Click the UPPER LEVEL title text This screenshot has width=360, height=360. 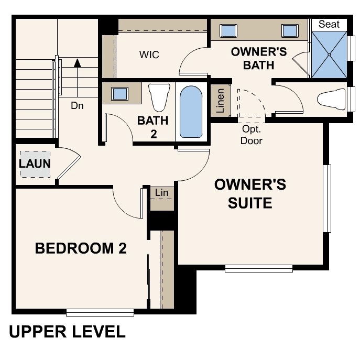pyautogui.click(x=67, y=332)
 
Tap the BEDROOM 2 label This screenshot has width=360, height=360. pyautogui.click(x=81, y=248)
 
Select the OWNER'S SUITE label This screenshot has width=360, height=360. pyautogui.click(x=250, y=193)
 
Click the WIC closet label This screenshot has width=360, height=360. pyautogui.click(x=149, y=54)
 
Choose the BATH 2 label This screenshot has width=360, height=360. pyautogui.click(x=153, y=127)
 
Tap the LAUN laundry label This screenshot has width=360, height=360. pyautogui.click(x=35, y=163)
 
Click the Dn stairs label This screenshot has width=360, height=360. pyautogui.click(x=78, y=105)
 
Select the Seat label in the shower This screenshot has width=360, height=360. pyautogui.click(x=329, y=24)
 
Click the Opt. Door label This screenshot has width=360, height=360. pyautogui.click(x=252, y=134)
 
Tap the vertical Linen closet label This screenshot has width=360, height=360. pyautogui.click(x=221, y=101)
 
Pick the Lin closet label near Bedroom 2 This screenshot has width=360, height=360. pyautogui.click(x=162, y=193)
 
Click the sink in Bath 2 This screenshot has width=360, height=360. pyautogui.click(x=121, y=94)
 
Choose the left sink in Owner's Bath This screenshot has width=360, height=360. pyautogui.click(x=228, y=30)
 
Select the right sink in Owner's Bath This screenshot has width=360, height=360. pyautogui.click(x=289, y=30)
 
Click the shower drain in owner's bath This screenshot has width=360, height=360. pyautogui.click(x=329, y=54)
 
